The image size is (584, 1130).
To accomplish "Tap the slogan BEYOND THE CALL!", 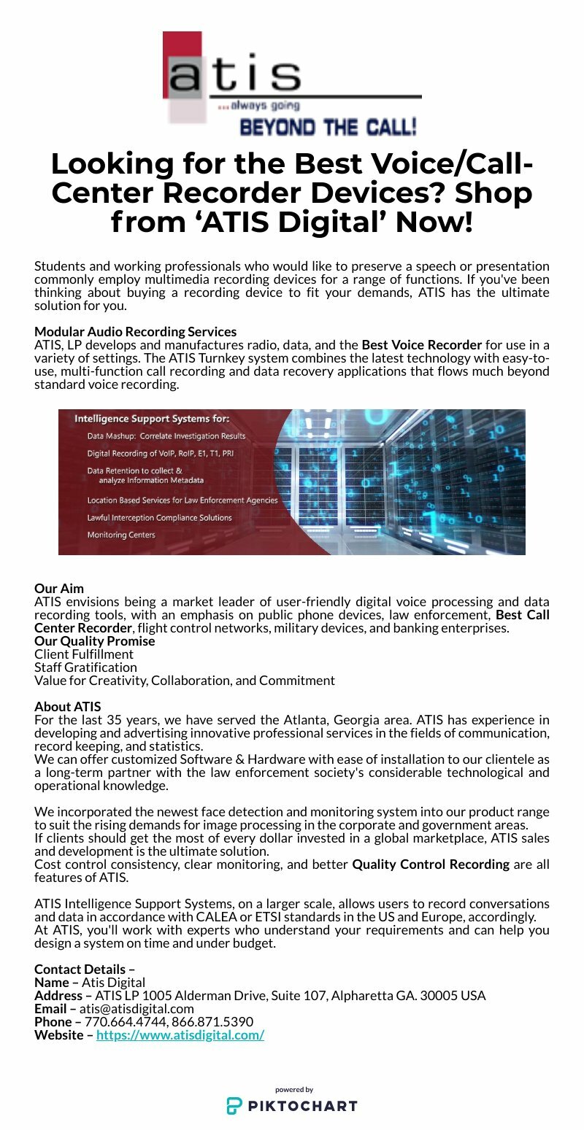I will point(328,128).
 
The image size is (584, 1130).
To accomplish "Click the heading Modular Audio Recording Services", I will point(135,332).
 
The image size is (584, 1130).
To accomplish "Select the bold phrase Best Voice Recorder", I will point(422,344).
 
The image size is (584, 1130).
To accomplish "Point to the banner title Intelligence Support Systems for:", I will point(152,419).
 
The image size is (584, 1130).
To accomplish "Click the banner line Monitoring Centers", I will point(121,535).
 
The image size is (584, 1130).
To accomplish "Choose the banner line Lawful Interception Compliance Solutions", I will point(159,517).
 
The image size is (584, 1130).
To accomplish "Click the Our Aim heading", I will point(59,588).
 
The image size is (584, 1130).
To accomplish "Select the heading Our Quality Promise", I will point(95,641).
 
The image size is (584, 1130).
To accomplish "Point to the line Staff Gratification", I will point(85,667).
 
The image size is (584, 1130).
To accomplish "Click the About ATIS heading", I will point(68,706).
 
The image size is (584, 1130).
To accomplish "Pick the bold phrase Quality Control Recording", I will point(431,864).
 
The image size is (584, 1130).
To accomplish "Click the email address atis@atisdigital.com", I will point(137,1009).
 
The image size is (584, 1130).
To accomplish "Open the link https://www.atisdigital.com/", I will point(180,1035).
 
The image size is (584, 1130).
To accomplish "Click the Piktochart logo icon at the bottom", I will point(233,1106).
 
